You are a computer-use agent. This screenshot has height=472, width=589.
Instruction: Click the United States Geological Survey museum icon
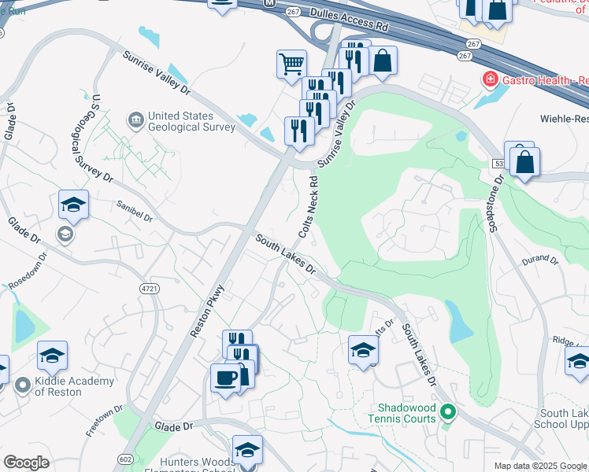point(135,119)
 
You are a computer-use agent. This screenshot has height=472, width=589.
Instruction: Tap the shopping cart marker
point(291,63)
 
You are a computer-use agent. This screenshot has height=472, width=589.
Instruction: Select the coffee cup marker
point(225,378)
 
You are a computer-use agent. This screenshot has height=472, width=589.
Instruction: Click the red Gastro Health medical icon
point(490,80)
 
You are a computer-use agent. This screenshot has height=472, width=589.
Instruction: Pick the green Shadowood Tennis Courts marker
point(448,411)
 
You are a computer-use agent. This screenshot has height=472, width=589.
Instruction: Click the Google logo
point(26,463)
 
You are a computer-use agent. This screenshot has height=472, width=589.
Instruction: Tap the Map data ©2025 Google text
point(539,466)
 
